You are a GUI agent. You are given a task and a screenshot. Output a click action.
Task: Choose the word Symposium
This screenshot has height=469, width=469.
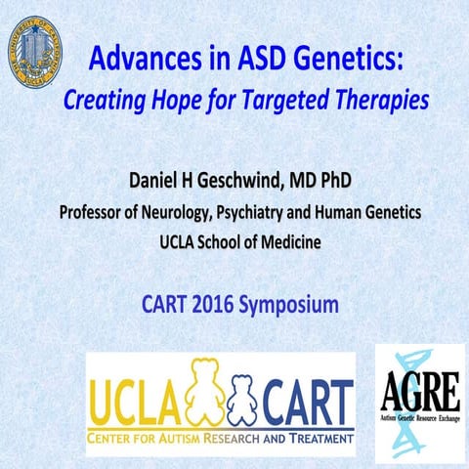click(x=291, y=306)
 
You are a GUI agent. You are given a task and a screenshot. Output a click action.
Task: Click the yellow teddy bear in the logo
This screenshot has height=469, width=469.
click(x=202, y=396)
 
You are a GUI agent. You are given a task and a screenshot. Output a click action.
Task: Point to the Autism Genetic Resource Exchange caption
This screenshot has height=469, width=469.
click(x=420, y=416)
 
